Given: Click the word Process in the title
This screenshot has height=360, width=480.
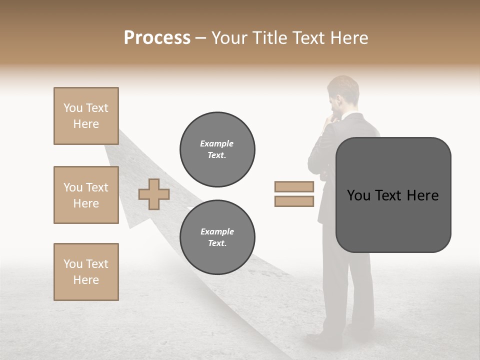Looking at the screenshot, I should (x=157, y=38).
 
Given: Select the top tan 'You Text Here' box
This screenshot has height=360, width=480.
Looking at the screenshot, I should (x=86, y=116).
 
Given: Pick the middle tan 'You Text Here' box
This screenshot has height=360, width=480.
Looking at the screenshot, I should (x=86, y=195).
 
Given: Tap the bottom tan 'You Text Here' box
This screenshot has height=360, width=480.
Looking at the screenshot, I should (x=86, y=272).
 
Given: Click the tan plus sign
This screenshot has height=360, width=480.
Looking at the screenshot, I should (x=153, y=194).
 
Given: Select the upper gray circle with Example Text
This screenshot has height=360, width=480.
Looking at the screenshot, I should (x=217, y=149).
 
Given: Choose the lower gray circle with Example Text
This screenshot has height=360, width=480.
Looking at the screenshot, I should (x=217, y=237).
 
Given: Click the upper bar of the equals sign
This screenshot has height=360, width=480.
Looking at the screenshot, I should (x=294, y=187).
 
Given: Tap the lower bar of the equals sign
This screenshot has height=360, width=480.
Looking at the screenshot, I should (x=294, y=201).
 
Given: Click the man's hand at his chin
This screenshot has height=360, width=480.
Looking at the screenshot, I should (x=329, y=118).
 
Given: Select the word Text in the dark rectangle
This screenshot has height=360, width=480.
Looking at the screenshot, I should (x=391, y=195).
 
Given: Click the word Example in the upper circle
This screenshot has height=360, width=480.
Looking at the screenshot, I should (x=217, y=143).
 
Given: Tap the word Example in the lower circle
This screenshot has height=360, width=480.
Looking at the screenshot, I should (x=217, y=231).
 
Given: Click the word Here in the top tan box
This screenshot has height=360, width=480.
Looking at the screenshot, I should (x=86, y=124).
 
